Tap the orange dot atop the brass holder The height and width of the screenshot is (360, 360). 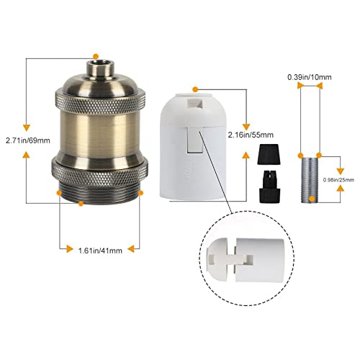(x=96, y=54)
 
